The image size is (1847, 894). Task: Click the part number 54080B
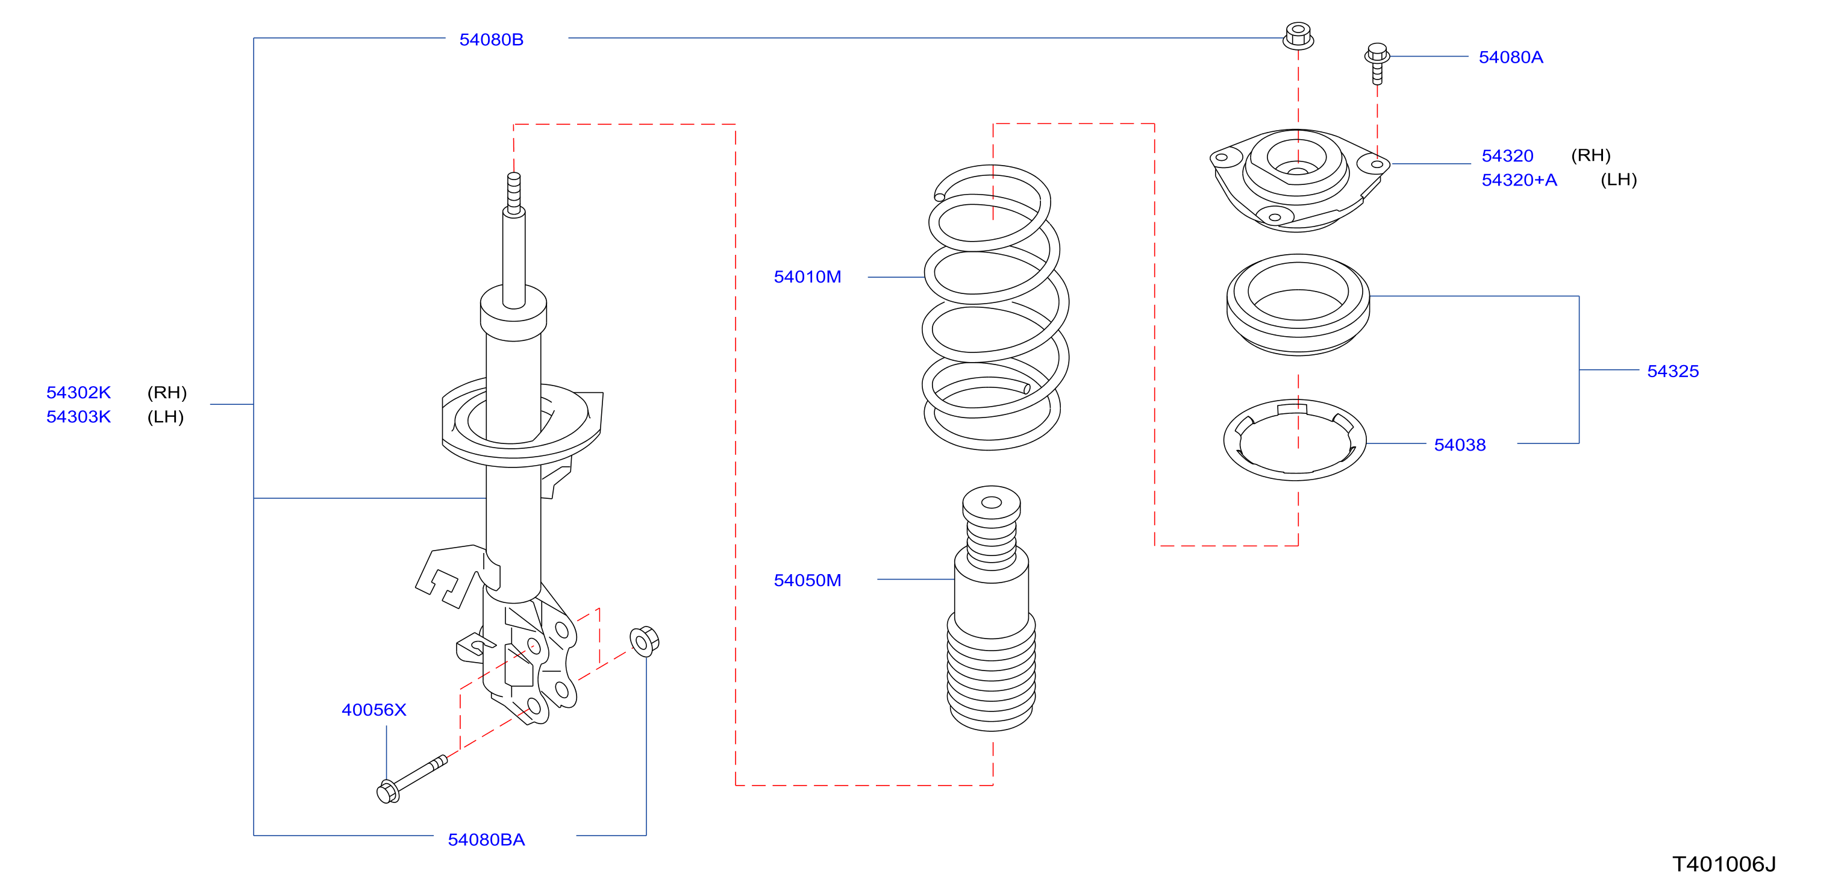[x=491, y=39]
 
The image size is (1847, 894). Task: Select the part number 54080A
[x=1511, y=57]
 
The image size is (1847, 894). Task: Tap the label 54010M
[x=807, y=277]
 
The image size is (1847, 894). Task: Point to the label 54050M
[x=807, y=580]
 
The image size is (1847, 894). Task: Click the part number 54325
[x=1673, y=370]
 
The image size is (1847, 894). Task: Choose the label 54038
[x=1460, y=445]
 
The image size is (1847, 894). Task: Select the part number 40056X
[x=373, y=710]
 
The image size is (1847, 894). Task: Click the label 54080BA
[x=486, y=840]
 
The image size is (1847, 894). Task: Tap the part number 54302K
[x=79, y=392]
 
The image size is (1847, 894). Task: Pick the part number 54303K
[x=79, y=416]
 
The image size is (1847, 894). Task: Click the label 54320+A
[x=1519, y=180]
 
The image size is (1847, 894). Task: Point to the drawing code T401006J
[x=1724, y=864]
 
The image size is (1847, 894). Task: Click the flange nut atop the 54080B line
[x=1298, y=36]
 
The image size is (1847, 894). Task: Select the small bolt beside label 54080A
[x=1377, y=63]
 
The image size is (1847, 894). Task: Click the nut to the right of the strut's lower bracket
[x=644, y=641]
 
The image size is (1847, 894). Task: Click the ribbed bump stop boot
[x=992, y=608]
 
